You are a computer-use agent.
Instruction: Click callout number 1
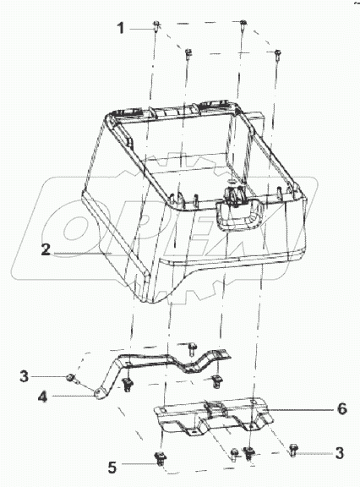pyautogui.click(x=120, y=28)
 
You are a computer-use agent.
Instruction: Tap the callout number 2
pyautogui.click(x=46, y=249)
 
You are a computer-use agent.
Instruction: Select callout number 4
pyautogui.click(x=42, y=397)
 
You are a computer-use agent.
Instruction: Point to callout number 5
pyautogui.click(x=112, y=467)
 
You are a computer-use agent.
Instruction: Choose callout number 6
pyautogui.click(x=341, y=408)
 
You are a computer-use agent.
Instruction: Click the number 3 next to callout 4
pyautogui.click(x=25, y=376)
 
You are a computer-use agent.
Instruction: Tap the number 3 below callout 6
pyautogui.click(x=340, y=453)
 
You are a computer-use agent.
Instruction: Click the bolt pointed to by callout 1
pyautogui.click(x=156, y=25)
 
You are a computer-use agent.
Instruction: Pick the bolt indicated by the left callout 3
pyautogui.click(x=71, y=378)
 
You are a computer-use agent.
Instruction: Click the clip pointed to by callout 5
pyautogui.click(x=160, y=458)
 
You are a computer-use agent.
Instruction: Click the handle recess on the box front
pyautogui.click(x=239, y=214)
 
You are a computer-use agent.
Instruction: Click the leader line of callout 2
pyautogui.click(x=83, y=254)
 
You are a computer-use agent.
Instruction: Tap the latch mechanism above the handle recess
pyautogui.click(x=235, y=195)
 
